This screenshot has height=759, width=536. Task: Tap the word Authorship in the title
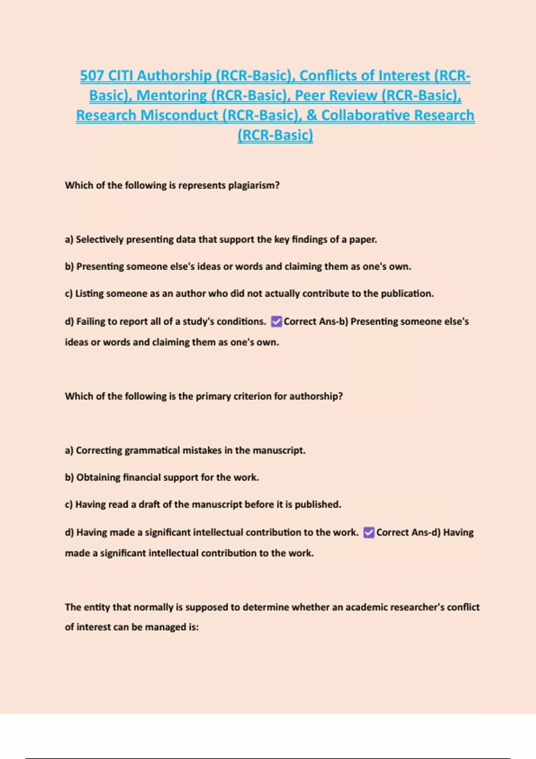174,75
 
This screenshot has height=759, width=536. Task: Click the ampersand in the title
311,115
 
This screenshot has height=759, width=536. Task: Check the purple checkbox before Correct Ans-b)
276,321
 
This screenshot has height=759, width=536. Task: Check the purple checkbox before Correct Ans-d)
369,532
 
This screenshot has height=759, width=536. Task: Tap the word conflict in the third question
463,607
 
